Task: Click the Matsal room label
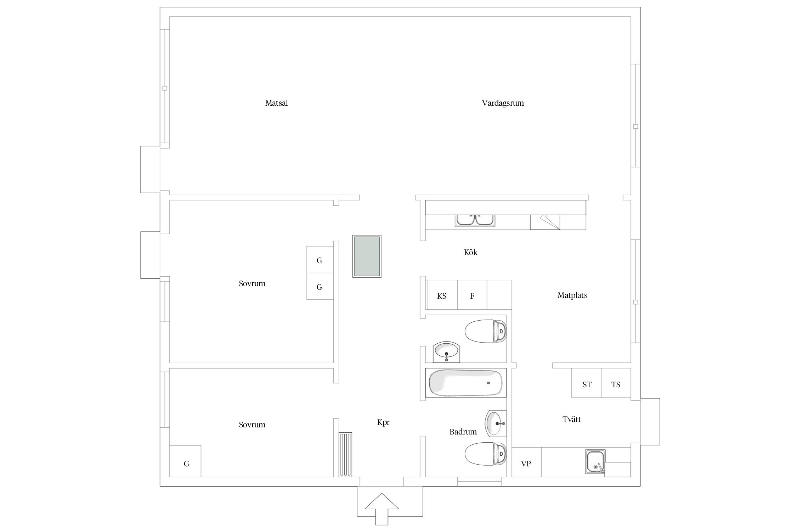click(276, 103)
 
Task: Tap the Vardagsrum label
click(503, 103)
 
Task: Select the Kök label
click(470, 252)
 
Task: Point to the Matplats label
click(572, 295)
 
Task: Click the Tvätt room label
click(571, 419)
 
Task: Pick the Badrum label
click(463, 432)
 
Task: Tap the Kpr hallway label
click(383, 422)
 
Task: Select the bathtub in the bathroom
click(466, 383)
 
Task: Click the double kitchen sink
click(475, 220)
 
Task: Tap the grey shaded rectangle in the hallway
click(367, 256)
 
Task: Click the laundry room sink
click(595, 461)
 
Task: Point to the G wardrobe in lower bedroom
click(185, 461)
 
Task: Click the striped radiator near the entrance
click(345, 454)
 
